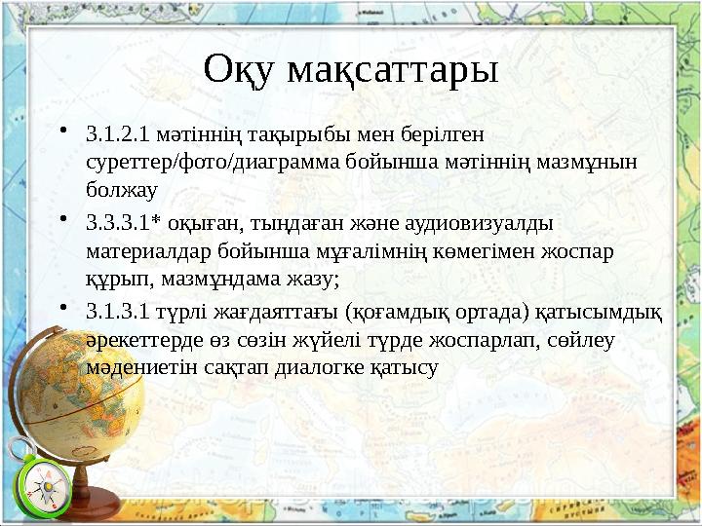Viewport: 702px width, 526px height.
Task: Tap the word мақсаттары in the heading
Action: (392, 70)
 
